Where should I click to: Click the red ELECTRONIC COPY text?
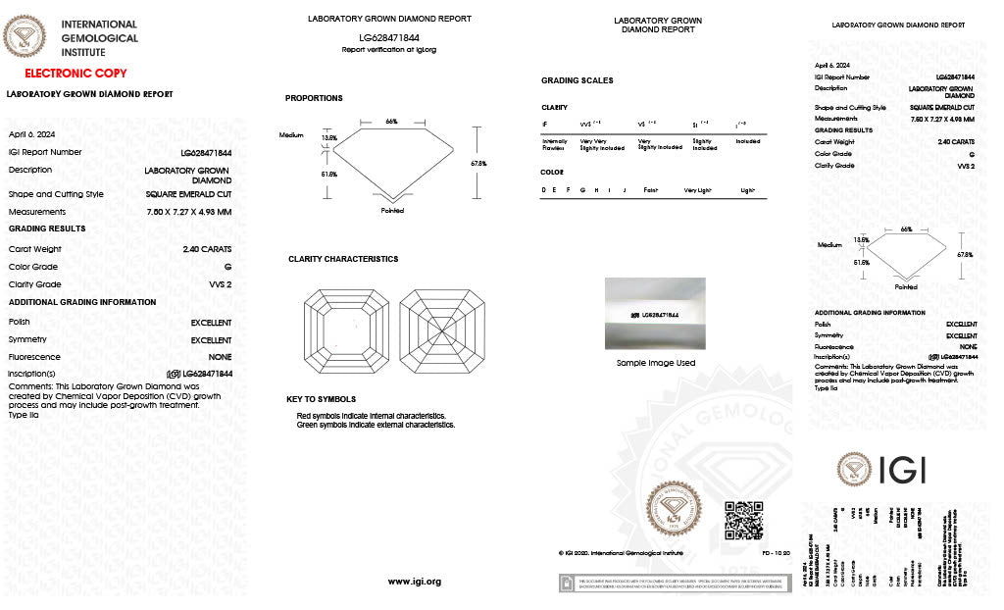coord(75,74)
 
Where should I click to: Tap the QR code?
coord(743,520)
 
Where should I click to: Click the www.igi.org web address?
coord(414,582)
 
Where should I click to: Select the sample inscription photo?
coord(654,314)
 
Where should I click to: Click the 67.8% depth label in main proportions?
coord(478,163)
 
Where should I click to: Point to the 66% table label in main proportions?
coord(391,122)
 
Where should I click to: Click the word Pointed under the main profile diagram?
coord(392,210)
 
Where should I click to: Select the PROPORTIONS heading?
coord(314,98)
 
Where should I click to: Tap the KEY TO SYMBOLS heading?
coord(321,399)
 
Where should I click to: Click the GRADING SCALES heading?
coord(577,80)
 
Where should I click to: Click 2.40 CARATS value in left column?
coord(207,249)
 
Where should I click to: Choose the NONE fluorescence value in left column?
coord(220,358)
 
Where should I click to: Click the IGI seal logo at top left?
coord(25,39)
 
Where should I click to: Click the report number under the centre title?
coord(388,38)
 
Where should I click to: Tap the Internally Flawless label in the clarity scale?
coord(555,144)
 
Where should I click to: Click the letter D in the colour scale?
coord(544,189)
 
